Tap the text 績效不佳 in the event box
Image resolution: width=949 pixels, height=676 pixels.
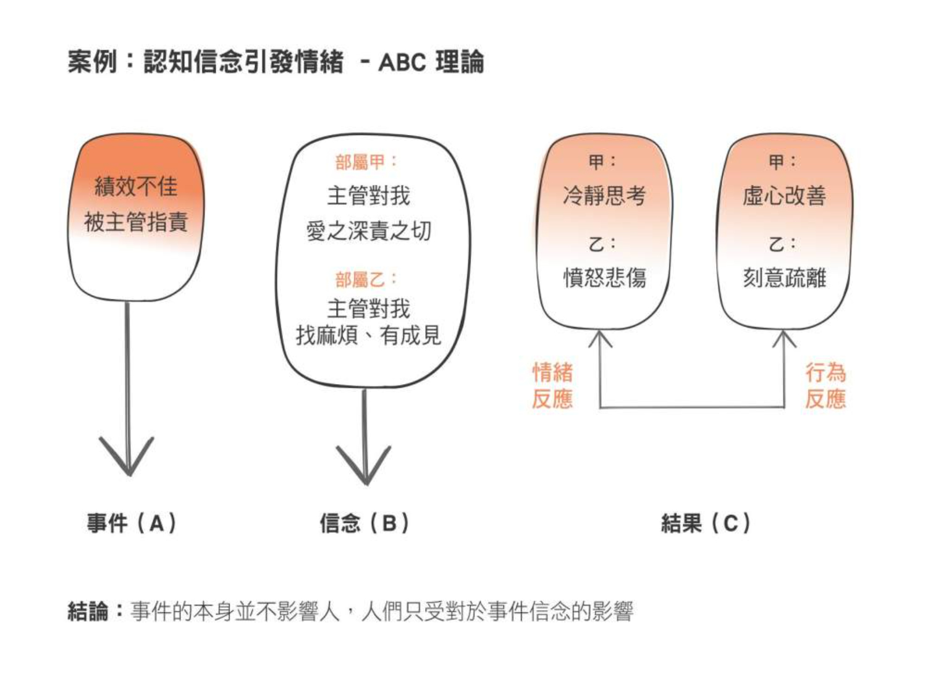[x=136, y=186]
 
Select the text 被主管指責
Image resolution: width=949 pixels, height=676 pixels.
[x=136, y=222]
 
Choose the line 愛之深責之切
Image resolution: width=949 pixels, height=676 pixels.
[x=368, y=231]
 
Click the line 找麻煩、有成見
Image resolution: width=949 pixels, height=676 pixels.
[x=368, y=335]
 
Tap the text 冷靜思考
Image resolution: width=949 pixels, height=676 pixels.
[x=604, y=196]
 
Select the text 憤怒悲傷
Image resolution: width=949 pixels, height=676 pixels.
[x=604, y=278]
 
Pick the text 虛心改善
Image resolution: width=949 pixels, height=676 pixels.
[x=784, y=196]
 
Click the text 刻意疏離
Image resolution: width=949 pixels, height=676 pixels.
[x=784, y=278]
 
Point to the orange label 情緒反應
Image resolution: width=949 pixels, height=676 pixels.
[x=552, y=386]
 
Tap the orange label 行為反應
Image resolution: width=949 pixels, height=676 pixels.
[x=825, y=386]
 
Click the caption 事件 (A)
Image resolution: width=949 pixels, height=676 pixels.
[x=131, y=524]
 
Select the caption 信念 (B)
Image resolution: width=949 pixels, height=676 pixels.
[x=364, y=524]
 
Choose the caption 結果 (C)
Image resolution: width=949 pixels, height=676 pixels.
[x=705, y=524]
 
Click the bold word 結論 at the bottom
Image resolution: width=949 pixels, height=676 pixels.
[x=88, y=612]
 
